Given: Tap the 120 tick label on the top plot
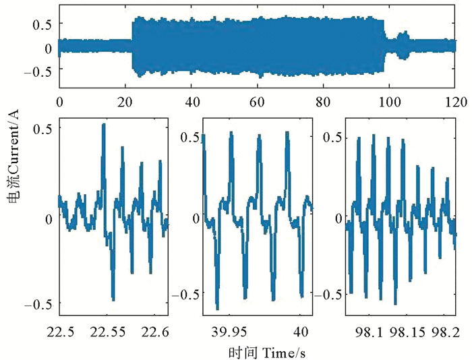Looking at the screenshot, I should click(455, 102).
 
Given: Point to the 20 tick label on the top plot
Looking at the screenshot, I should click(125, 102).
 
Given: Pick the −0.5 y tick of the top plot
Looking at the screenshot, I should click(38, 72).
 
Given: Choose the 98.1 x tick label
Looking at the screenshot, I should click(370, 331).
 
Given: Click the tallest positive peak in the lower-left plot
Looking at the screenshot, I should click(103, 125).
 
